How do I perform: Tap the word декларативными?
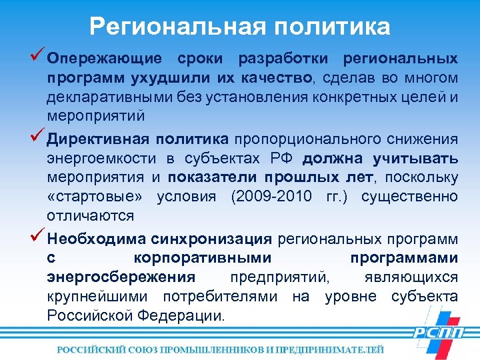(105, 98)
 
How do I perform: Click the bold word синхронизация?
(211, 239)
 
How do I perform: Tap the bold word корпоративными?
(202, 258)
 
